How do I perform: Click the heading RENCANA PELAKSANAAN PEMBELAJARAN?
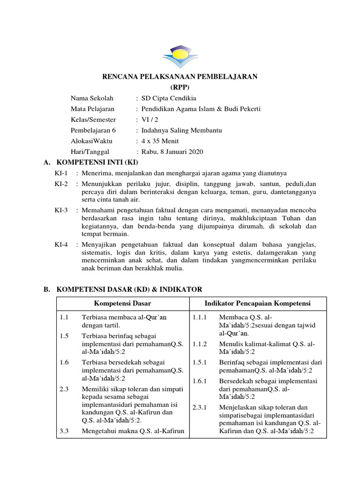180,77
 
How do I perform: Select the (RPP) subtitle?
180,88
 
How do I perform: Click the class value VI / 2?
151,120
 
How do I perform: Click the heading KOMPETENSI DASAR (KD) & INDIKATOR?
129,290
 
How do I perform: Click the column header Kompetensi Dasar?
122,304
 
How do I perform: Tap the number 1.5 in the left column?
64,336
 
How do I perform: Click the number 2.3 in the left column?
64,389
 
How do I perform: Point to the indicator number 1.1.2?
199,344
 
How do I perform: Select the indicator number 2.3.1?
199,407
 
